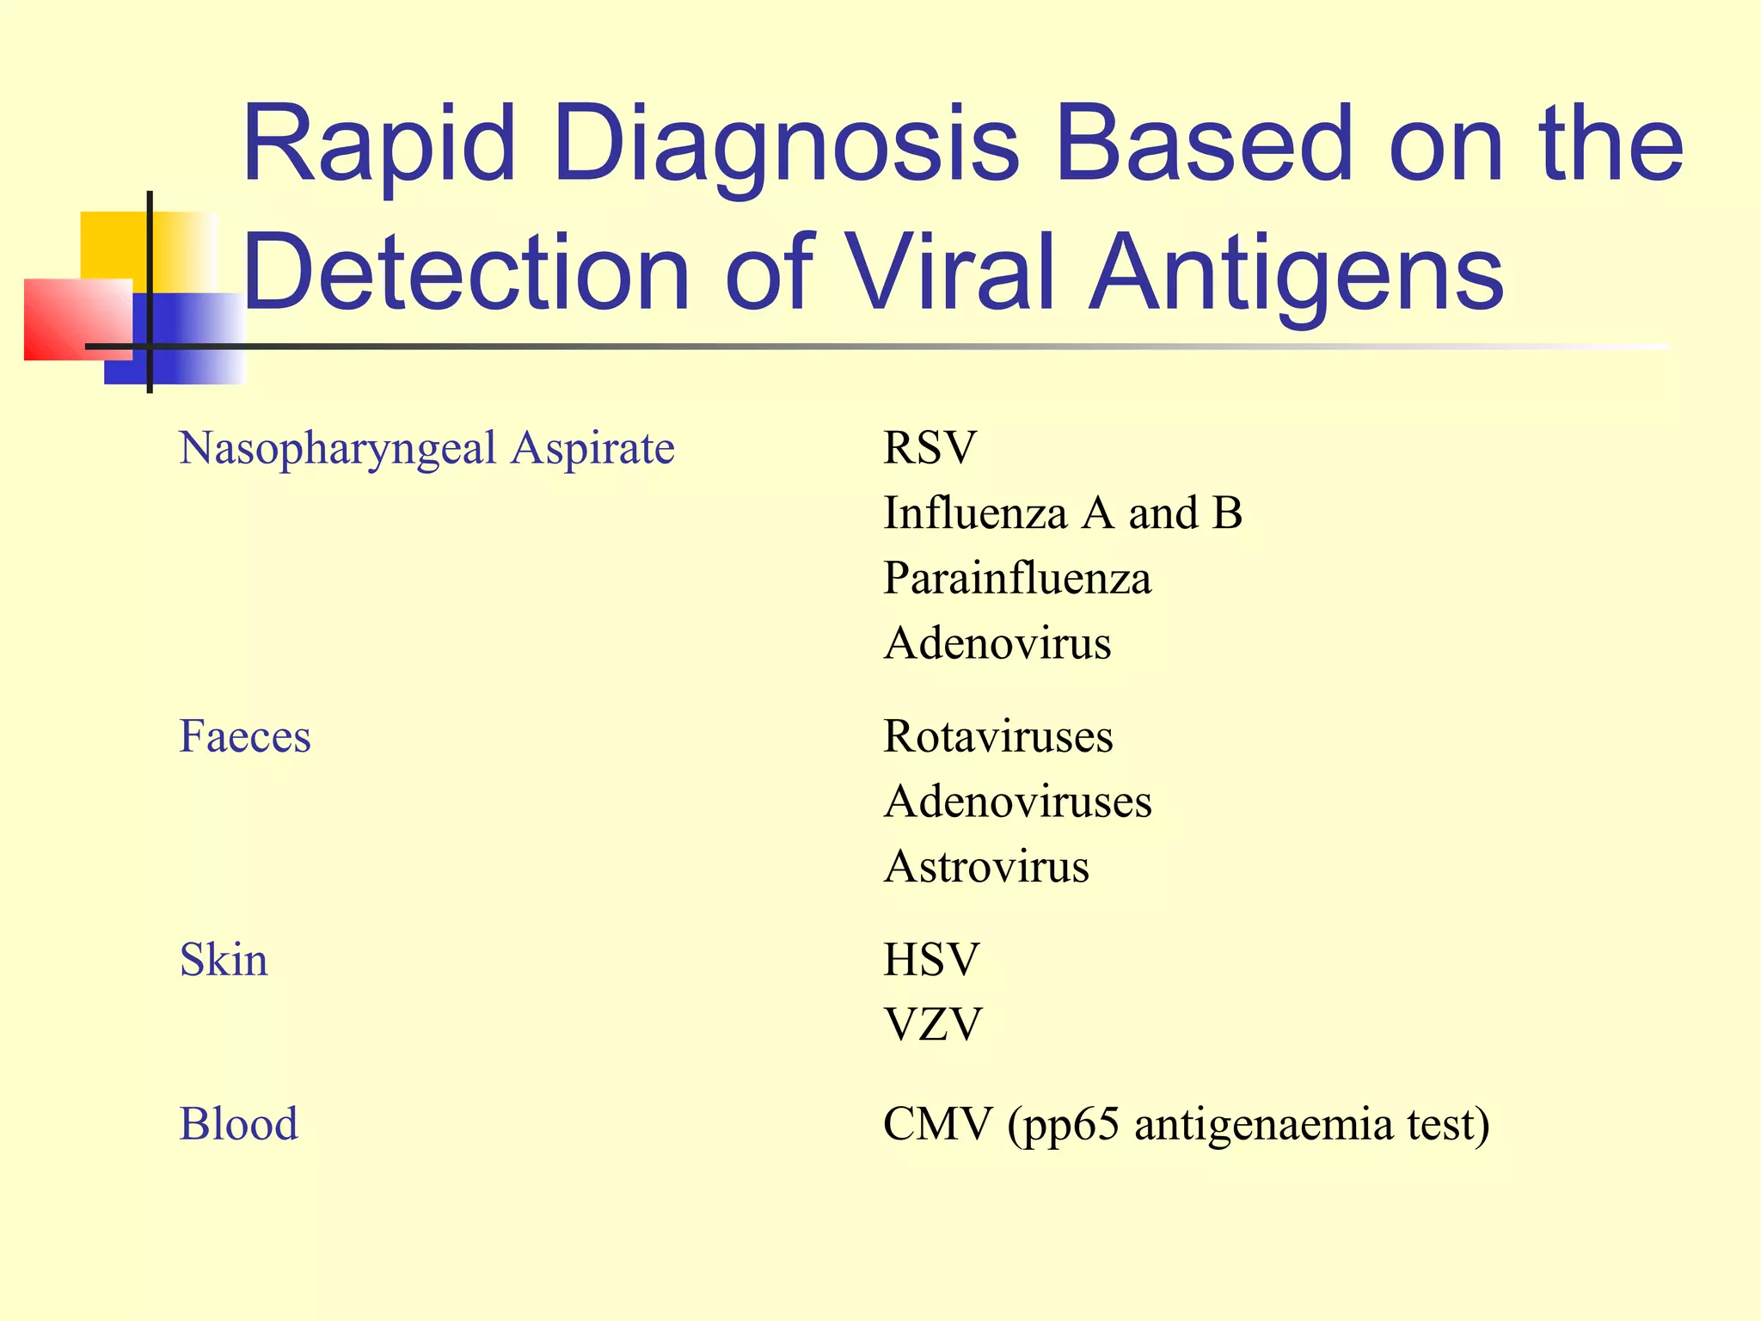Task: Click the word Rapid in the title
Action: tap(378, 144)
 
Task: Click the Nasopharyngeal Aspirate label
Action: tap(426, 449)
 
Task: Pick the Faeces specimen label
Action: tap(245, 737)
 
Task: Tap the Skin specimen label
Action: tap(224, 960)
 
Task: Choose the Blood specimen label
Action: tap(238, 1124)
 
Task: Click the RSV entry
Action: tap(930, 448)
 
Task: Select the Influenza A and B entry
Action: tap(1063, 513)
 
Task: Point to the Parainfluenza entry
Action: tap(1017, 578)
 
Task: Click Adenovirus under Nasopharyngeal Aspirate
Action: tap(997, 643)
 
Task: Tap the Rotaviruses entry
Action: tap(998, 737)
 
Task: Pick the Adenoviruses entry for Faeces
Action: tap(1017, 802)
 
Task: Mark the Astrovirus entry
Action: tap(986, 866)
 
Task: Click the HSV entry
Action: tap(931, 960)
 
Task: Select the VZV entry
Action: tap(932, 1024)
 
